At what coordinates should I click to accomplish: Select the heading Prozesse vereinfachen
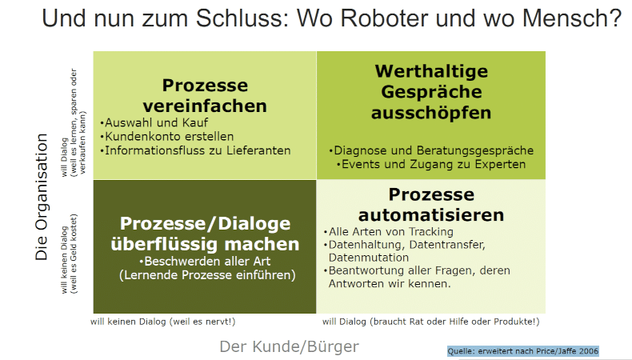click(205, 95)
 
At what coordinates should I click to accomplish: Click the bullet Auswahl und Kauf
click(154, 123)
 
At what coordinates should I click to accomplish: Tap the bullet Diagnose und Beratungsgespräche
click(431, 150)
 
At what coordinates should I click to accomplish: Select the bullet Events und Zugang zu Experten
click(431, 164)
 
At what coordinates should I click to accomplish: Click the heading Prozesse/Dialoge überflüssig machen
click(205, 234)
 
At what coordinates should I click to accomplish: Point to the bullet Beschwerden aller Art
click(204, 262)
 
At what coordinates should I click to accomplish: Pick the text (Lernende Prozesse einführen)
click(204, 275)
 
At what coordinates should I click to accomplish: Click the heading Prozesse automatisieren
click(431, 205)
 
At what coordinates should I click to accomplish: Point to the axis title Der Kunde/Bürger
click(290, 346)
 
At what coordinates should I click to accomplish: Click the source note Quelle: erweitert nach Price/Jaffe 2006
click(523, 350)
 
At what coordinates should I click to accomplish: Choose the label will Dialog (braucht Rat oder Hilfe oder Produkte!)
click(431, 322)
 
